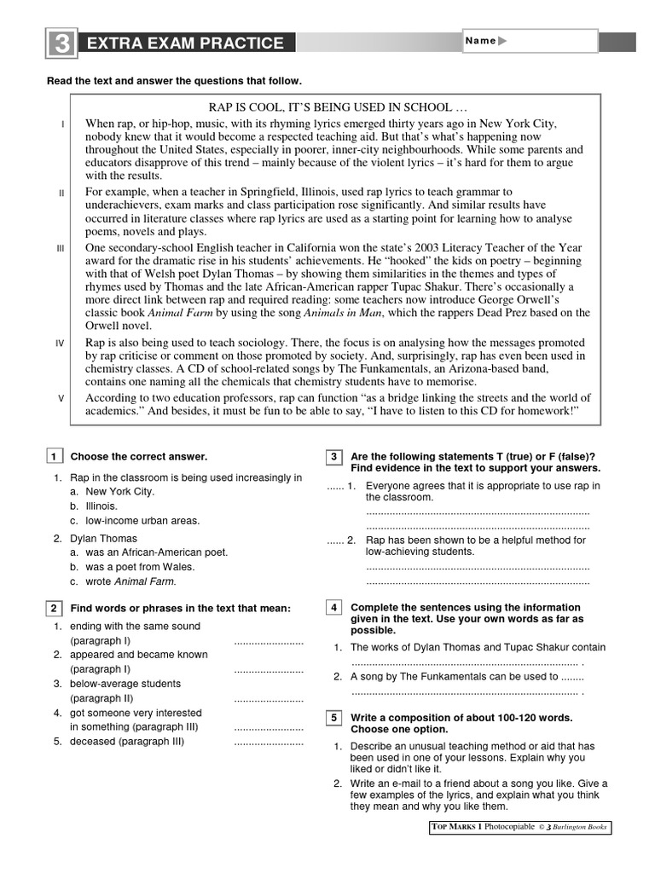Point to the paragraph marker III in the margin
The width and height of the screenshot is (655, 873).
pos(60,248)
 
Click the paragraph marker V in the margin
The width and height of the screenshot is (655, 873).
pos(60,398)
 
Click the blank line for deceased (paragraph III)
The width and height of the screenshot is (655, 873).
pos(268,743)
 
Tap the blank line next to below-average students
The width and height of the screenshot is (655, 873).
pos(268,699)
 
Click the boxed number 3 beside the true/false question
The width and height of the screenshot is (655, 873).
pos(334,457)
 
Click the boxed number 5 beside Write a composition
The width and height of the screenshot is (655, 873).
pos(334,718)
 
